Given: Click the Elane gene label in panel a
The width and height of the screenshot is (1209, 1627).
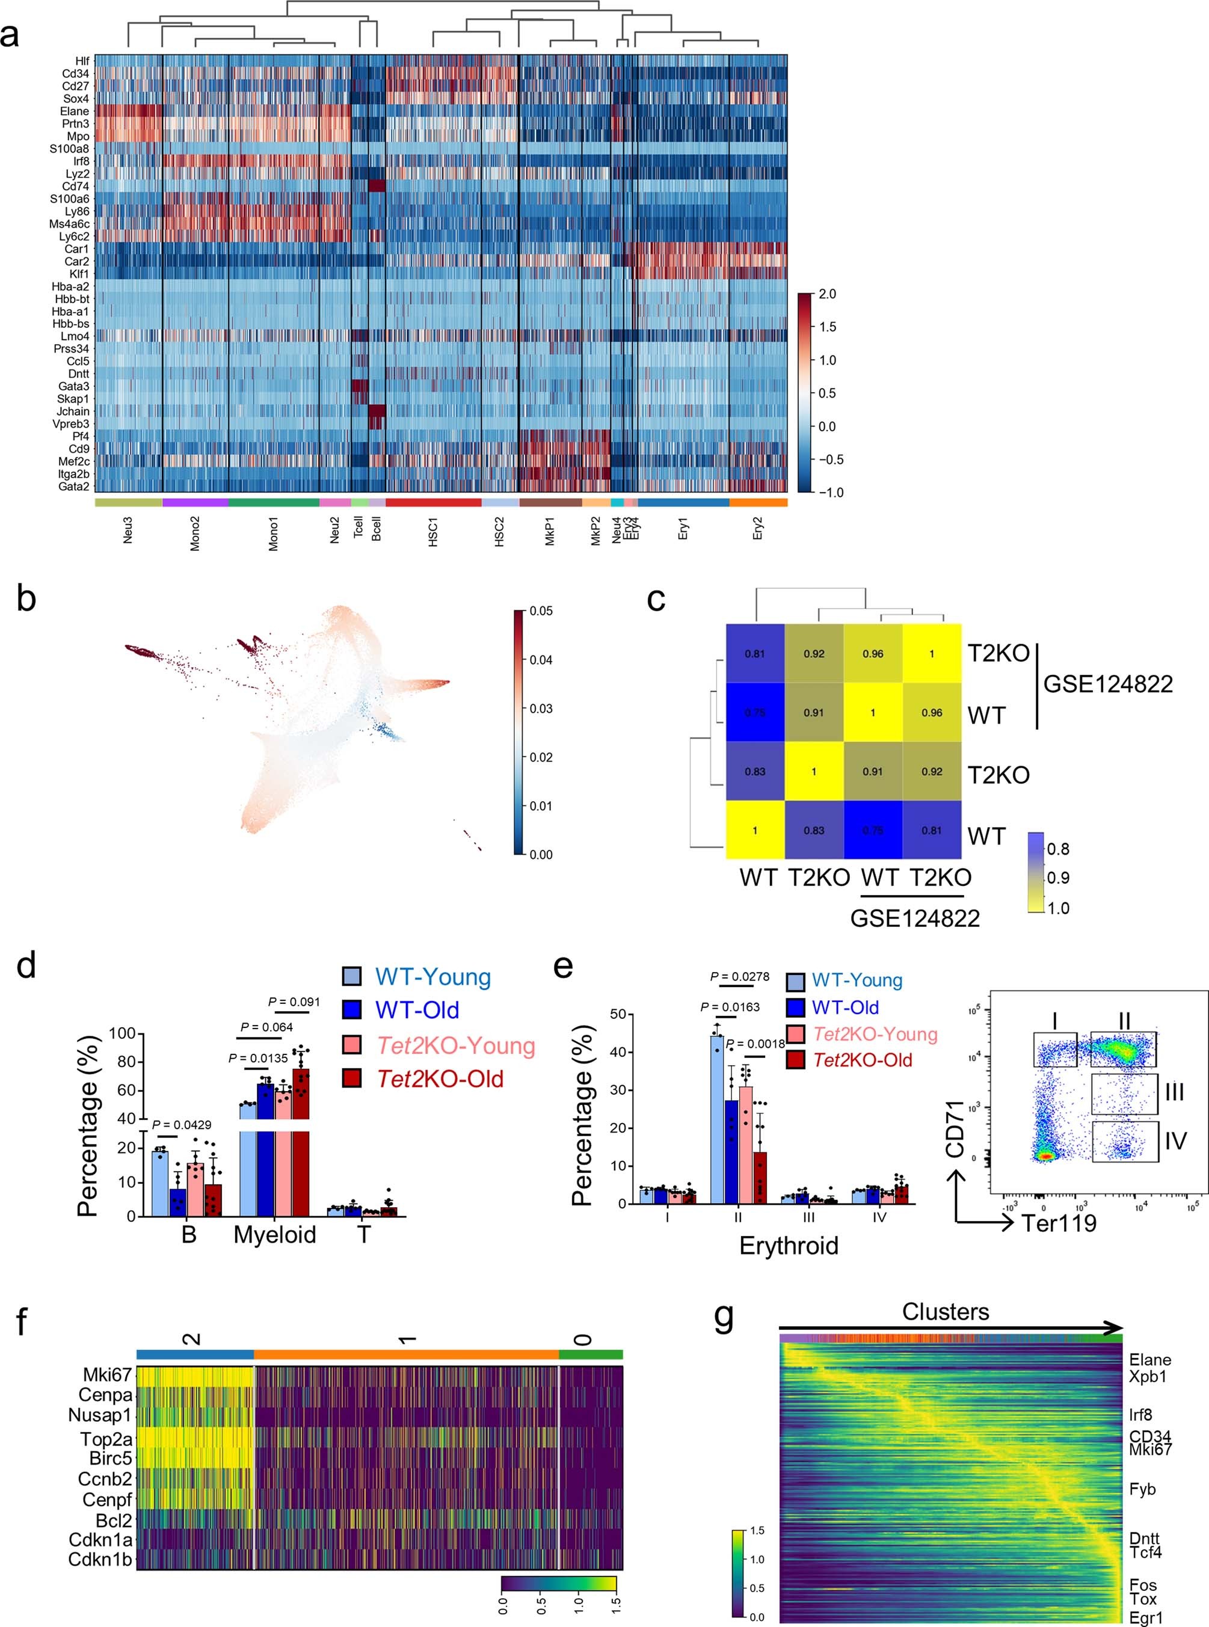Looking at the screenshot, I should point(75,111).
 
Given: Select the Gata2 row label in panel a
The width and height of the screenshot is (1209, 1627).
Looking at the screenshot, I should point(73,486).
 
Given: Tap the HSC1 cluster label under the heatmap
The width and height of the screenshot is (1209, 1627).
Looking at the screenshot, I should point(432,531).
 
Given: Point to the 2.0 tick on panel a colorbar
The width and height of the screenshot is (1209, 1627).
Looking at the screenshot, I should point(827,294).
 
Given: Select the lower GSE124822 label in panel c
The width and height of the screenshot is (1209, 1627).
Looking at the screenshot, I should point(915,918).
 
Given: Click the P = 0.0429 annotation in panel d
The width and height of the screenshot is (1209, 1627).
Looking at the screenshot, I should point(182,1125).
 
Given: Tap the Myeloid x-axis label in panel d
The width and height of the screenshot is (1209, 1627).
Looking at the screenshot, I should point(274,1235).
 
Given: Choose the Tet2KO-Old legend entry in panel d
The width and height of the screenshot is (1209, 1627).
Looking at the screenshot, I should point(440,1079).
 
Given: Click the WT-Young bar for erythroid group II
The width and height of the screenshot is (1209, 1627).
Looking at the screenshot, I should point(716,1119).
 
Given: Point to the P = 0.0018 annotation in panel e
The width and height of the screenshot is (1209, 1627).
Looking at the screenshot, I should point(755,1044).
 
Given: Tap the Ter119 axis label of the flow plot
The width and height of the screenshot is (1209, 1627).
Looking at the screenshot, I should point(1059,1223).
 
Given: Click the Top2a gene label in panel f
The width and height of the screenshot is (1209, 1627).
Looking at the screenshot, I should point(106,1439).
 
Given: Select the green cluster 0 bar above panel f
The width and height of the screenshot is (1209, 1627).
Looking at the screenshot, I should point(590,1354).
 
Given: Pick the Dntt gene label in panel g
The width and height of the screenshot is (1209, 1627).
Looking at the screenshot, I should point(1144,1539).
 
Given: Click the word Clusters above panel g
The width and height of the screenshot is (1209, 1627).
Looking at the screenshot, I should point(945,1312).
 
